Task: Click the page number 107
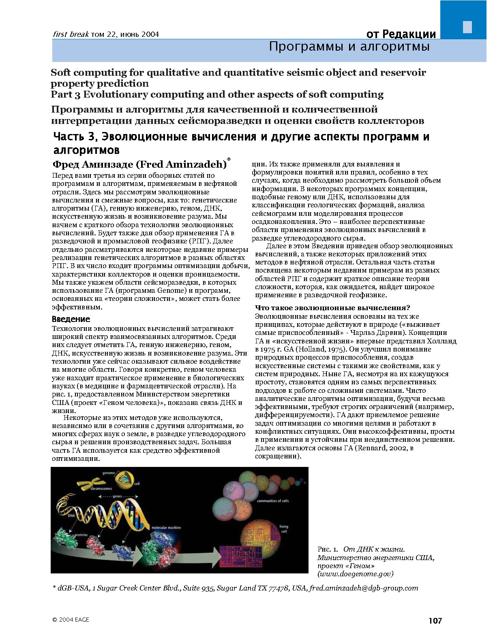click(x=435, y=620)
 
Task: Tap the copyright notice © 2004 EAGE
click(x=71, y=620)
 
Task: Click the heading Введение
click(x=71, y=319)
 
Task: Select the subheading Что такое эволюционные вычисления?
click(x=332, y=308)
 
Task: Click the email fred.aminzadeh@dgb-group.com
click(x=363, y=588)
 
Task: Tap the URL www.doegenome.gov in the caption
click(x=355, y=573)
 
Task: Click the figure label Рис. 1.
click(x=328, y=549)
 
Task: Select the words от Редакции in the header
click(x=401, y=34)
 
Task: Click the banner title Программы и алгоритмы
click(x=349, y=47)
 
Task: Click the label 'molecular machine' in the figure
click(x=166, y=528)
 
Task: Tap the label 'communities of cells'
click(x=273, y=501)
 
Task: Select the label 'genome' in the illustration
click(x=109, y=473)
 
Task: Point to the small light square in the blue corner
click(x=467, y=27)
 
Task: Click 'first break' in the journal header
click(x=71, y=34)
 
